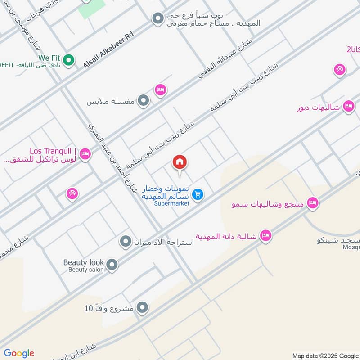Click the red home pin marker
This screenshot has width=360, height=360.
[x=180, y=162]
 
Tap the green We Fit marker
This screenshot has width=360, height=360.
[x=68, y=59]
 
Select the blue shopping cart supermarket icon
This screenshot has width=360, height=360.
[x=197, y=194]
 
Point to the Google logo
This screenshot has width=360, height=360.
[x=19, y=353]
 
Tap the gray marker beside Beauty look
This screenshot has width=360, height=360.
[x=112, y=265]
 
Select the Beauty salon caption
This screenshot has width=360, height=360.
[x=86, y=270]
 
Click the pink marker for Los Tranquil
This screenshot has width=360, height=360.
[x=86, y=154]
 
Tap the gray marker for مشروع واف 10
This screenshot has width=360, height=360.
[x=143, y=308]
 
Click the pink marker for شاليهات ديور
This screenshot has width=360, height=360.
[x=348, y=106]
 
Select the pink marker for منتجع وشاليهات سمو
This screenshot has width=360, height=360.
[x=313, y=203]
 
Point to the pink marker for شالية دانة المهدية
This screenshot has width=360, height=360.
[x=266, y=236]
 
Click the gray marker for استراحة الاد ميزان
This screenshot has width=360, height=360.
[x=125, y=242]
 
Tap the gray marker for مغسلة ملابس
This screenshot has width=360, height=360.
[x=143, y=101]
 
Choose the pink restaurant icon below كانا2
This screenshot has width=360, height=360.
[x=339, y=70]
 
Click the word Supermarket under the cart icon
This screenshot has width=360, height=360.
[x=171, y=203]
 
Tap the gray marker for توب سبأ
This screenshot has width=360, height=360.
[x=157, y=18]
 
